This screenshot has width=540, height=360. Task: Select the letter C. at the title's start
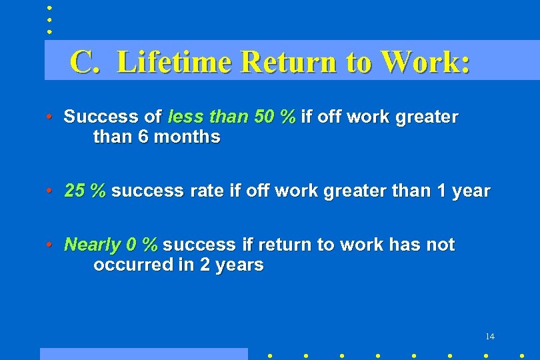(x=85, y=62)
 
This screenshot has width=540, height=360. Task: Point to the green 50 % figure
(x=275, y=117)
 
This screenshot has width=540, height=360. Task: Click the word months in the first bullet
(x=187, y=137)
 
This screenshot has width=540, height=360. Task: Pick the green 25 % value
(x=85, y=191)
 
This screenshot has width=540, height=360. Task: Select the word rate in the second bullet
(x=205, y=191)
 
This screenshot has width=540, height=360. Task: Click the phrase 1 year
(x=463, y=191)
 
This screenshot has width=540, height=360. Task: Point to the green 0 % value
(x=141, y=245)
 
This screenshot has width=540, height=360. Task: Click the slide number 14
(x=490, y=337)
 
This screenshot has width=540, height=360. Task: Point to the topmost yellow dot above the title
(x=49, y=8)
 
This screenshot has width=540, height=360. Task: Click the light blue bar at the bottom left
(x=143, y=354)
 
